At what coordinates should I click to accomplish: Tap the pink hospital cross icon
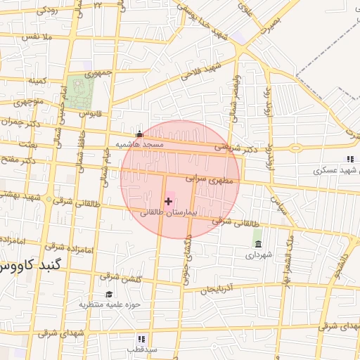click(168, 201)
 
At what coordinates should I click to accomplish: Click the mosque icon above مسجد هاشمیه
click(139, 134)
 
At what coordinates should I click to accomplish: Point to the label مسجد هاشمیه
click(139, 144)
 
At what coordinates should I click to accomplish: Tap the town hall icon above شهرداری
click(258, 244)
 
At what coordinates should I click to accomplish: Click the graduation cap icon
click(109, 294)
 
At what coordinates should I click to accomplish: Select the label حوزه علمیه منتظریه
click(110, 304)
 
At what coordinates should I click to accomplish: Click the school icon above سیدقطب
click(131, 339)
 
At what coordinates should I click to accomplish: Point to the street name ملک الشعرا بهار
click(287, 257)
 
